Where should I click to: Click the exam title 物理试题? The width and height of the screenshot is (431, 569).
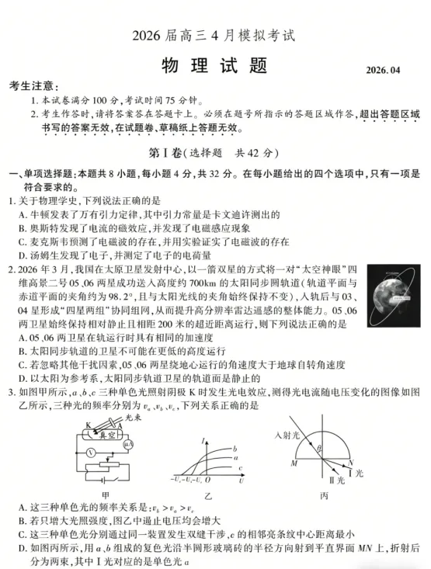click(215, 65)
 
